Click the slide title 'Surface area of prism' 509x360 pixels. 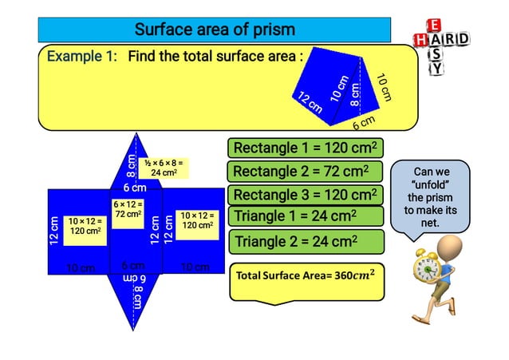coord(215,30)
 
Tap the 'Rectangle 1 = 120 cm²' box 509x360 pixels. coord(305,148)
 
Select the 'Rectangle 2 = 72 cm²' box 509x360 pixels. coord(305,172)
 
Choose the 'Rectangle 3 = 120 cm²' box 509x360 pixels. coord(305,195)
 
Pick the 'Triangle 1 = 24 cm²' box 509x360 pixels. coord(305,216)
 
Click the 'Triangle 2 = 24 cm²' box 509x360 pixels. coord(305,241)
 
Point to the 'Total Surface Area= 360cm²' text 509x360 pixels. coord(305,275)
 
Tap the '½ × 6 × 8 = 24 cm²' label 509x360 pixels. coord(164,168)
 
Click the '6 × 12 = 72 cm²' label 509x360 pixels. coord(128,210)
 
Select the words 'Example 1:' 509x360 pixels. coord(81,57)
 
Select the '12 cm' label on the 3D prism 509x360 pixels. coord(310,103)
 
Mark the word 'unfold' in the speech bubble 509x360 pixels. coord(432,184)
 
